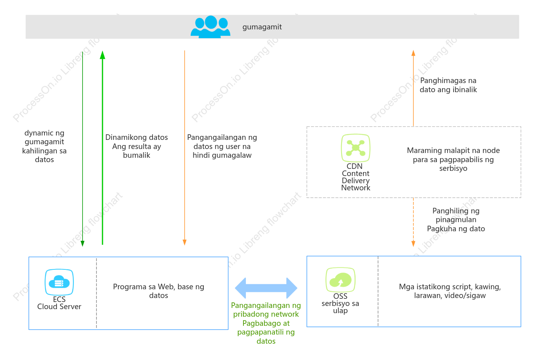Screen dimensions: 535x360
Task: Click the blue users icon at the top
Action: point(211,27)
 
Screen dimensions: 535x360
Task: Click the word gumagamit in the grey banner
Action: point(262,27)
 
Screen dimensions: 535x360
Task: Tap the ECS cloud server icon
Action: point(59,282)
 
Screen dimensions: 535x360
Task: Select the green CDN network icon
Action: point(355,148)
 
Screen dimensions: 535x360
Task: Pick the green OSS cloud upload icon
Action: point(340,280)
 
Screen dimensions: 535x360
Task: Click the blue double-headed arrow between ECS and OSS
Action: point(266,288)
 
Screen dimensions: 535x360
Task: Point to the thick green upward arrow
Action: point(102,148)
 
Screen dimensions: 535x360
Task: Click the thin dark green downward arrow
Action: point(82,149)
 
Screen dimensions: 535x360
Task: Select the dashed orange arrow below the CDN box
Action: point(413,222)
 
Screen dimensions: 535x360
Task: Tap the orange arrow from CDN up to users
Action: point(413,88)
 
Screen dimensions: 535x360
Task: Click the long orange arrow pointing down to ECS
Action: point(184,148)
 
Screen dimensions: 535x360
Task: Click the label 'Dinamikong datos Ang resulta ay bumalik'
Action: point(137,146)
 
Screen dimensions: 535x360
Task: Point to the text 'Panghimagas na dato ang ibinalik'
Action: point(448,85)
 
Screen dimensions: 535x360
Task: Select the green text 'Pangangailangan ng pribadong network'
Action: point(266,310)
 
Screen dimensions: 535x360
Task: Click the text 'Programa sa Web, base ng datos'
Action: point(158,291)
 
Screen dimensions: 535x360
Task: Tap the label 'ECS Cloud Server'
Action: point(59,303)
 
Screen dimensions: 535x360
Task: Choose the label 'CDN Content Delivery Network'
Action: point(355,177)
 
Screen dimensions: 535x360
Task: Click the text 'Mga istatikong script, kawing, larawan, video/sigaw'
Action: point(450,291)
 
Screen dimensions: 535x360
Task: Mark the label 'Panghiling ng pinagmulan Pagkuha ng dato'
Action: point(456,220)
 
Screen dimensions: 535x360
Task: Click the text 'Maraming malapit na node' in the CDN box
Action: point(453,151)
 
